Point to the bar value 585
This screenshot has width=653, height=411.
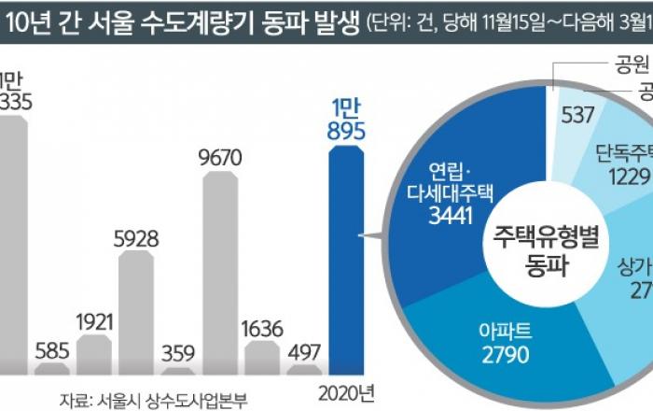(52, 352)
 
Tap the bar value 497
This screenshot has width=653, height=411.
(306, 352)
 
